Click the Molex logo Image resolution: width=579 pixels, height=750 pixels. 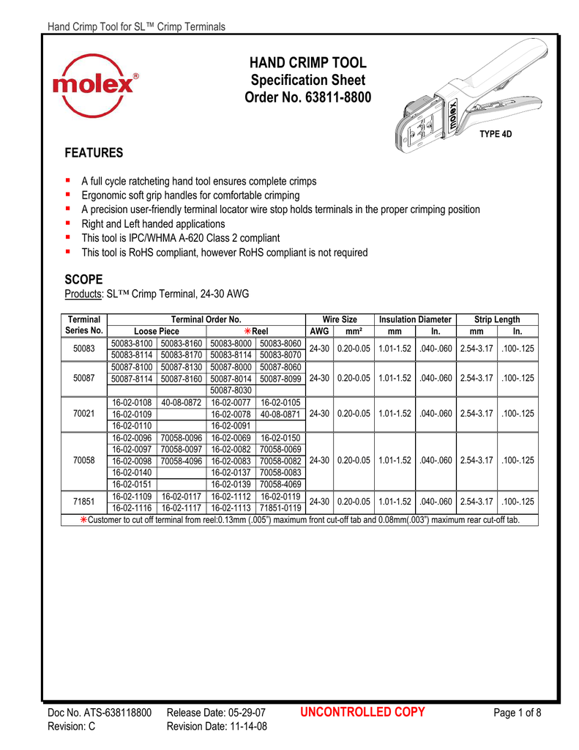point(96,86)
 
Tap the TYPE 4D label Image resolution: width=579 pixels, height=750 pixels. point(495,134)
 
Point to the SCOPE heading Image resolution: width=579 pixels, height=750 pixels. point(84,280)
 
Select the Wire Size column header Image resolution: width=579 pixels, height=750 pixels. point(340,319)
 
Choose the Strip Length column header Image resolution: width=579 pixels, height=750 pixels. point(497,319)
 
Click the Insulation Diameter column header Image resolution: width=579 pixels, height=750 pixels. point(415,319)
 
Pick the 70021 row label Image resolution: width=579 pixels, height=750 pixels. point(84,413)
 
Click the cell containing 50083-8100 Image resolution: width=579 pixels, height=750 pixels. point(132,344)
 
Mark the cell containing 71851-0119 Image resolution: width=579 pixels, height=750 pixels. point(280,507)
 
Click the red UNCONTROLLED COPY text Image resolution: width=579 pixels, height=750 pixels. point(362,712)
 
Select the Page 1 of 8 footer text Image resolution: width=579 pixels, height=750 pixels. point(517,713)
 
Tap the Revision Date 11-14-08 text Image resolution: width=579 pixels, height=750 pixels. point(217,727)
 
